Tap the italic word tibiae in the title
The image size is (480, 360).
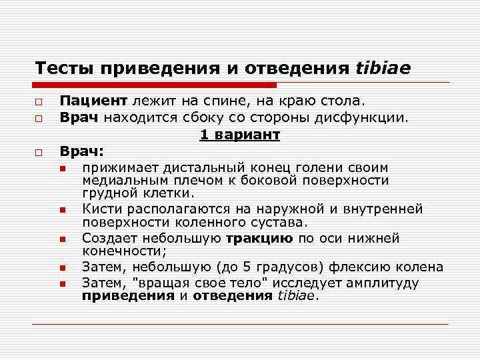coord(384,68)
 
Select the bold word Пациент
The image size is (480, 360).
coord(93,101)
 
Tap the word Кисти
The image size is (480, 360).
coord(99,209)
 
